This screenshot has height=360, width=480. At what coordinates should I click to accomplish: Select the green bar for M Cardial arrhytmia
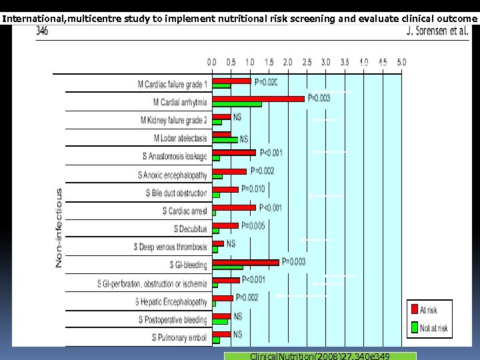[x=237, y=104]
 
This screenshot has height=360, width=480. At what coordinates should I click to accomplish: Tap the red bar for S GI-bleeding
[x=245, y=262]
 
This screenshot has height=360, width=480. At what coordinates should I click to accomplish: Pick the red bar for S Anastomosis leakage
[x=233, y=153]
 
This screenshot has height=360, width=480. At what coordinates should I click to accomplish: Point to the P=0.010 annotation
[x=253, y=189]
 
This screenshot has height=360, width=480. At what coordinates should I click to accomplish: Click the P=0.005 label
[x=253, y=225]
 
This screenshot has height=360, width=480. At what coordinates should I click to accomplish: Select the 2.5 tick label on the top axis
[x=307, y=62]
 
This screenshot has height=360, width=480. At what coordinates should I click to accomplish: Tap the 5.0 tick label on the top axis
[x=401, y=62]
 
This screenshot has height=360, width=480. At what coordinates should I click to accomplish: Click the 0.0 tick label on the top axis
[x=211, y=62]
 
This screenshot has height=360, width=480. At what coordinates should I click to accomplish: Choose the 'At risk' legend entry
[x=429, y=310]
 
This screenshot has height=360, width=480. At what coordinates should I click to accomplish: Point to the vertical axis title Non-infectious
[x=59, y=227]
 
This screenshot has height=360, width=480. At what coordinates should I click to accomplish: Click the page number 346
[x=42, y=31]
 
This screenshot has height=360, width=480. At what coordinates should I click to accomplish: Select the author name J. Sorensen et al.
[x=437, y=31]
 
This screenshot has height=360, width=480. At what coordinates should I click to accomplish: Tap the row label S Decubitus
[x=191, y=229]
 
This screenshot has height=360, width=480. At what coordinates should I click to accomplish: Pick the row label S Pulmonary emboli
[x=179, y=338]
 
